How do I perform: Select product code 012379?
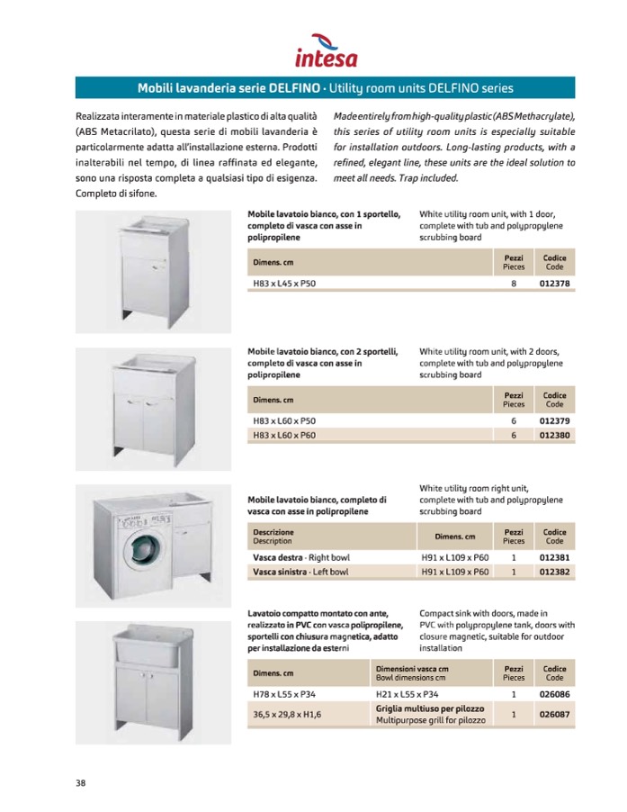coord(555,421)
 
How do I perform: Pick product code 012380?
coord(555,436)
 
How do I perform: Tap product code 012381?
coord(555,557)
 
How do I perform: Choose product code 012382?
coord(555,572)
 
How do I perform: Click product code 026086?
coord(555,694)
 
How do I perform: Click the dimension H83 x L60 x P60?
coord(284,436)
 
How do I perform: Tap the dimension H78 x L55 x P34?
coord(284,694)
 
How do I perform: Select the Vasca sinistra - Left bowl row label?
coord(300,572)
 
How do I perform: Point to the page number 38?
coord(81,782)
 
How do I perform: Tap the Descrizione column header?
coord(273,537)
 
